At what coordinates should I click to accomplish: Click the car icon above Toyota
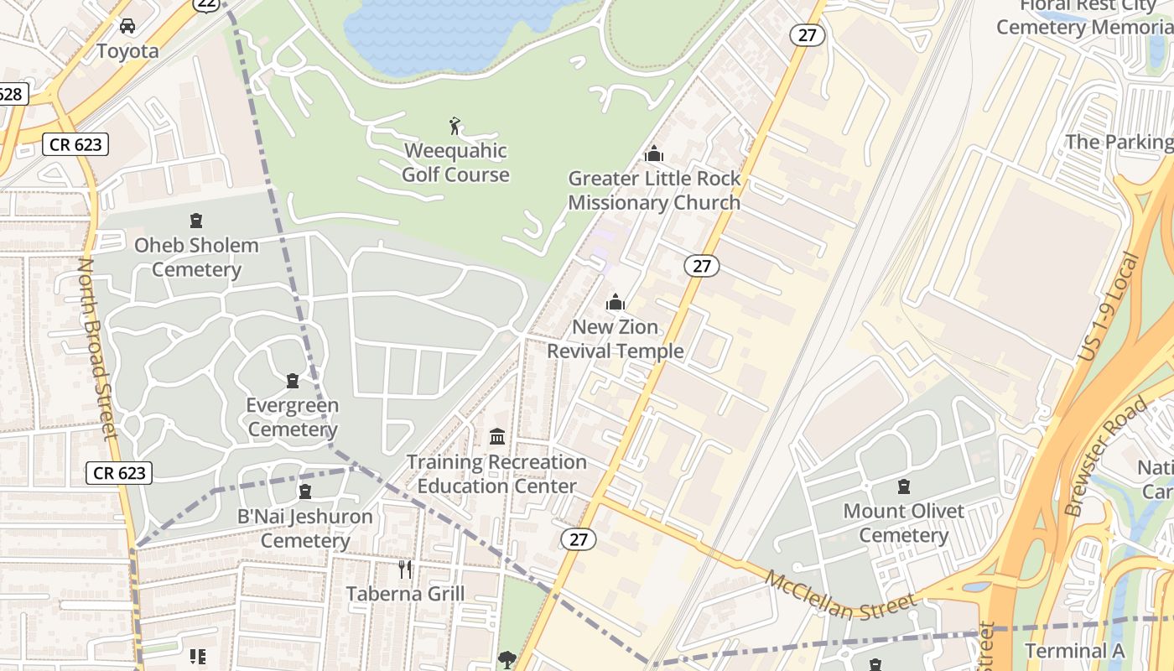click(127, 26)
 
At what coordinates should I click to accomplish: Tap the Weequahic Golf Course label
click(455, 163)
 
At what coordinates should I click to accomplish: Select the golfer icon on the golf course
click(455, 127)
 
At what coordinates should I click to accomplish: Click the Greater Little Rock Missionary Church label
click(654, 190)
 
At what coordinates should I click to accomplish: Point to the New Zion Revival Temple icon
click(616, 302)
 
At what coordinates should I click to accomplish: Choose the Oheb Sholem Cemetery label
click(196, 257)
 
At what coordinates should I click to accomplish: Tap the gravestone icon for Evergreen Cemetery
click(293, 381)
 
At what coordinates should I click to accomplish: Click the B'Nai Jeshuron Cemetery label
click(305, 528)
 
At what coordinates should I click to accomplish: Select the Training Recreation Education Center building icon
click(497, 437)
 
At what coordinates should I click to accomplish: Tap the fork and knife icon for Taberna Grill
click(405, 570)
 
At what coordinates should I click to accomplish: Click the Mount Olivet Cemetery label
click(903, 523)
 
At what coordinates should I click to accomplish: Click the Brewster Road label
click(1104, 457)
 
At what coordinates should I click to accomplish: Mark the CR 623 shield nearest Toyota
click(75, 144)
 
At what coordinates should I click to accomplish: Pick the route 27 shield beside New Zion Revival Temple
click(701, 267)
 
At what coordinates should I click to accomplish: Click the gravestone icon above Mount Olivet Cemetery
click(904, 486)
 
